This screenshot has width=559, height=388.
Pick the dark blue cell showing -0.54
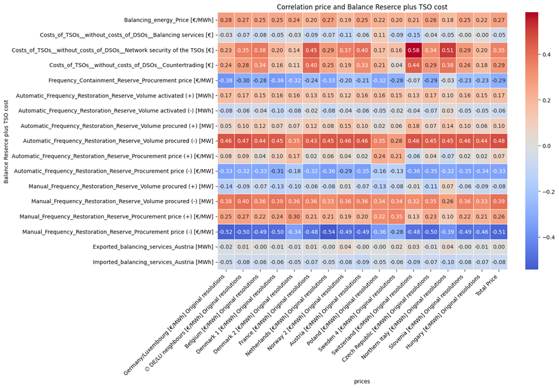coord(345,232)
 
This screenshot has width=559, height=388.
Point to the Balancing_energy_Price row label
coord(169,20)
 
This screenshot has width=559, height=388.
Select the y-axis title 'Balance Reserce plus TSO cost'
coord(5,141)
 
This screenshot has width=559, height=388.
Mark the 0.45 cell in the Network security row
coord(310,50)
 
